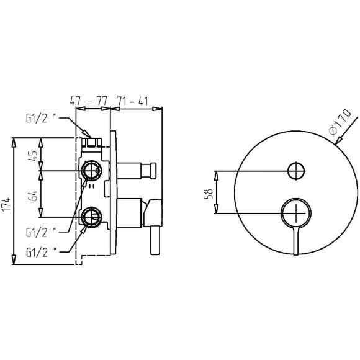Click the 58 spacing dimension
click(x=209, y=193)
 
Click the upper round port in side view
click(x=91, y=169)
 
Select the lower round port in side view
click(x=91, y=217)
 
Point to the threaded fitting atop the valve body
click(x=92, y=142)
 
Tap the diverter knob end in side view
click(x=151, y=169)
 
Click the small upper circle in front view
click(x=297, y=169)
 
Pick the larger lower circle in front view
click(x=297, y=212)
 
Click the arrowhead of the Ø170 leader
click(x=336, y=142)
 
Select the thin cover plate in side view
click(x=112, y=196)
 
